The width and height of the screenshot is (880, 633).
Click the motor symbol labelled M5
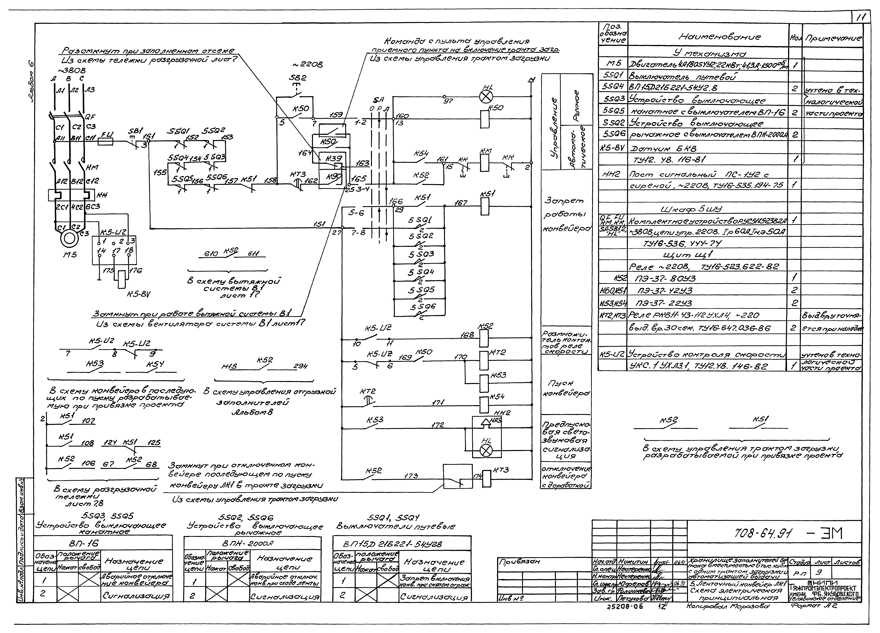[x=69, y=238]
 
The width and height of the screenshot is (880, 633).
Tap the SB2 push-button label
[x=298, y=78]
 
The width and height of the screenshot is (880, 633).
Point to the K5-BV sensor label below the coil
[x=139, y=294]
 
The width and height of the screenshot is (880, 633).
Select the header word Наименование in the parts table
[x=709, y=37]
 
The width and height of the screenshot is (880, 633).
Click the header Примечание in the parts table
[x=833, y=38]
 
